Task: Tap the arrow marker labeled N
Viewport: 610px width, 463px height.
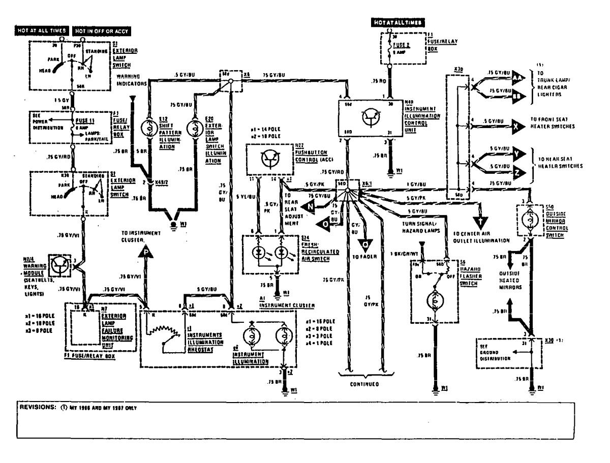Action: (x=308, y=206)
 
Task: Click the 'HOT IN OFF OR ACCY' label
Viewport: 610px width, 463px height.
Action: (x=102, y=31)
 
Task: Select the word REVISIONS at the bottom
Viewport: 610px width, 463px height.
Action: (x=37, y=408)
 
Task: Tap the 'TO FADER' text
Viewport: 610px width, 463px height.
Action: (x=364, y=256)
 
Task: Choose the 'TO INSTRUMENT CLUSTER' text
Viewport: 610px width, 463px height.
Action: (x=141, y=235)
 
